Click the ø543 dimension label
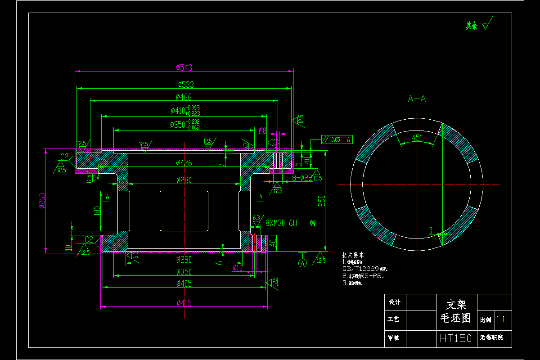point(184,67)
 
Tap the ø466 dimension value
point(184,97)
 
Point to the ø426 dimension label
point(184,162)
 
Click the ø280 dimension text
point(184,180)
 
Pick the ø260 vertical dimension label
point(41,201)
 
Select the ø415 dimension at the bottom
point(184,303)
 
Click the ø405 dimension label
point(184,283)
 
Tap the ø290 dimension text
point(184,259)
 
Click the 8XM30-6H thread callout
point(281,223)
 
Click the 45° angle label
point(417,138)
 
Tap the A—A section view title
point(417,99)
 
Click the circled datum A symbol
point(302,262)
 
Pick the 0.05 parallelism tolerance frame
point(337,139)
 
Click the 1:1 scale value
point(501,319)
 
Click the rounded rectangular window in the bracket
point(184,211)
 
